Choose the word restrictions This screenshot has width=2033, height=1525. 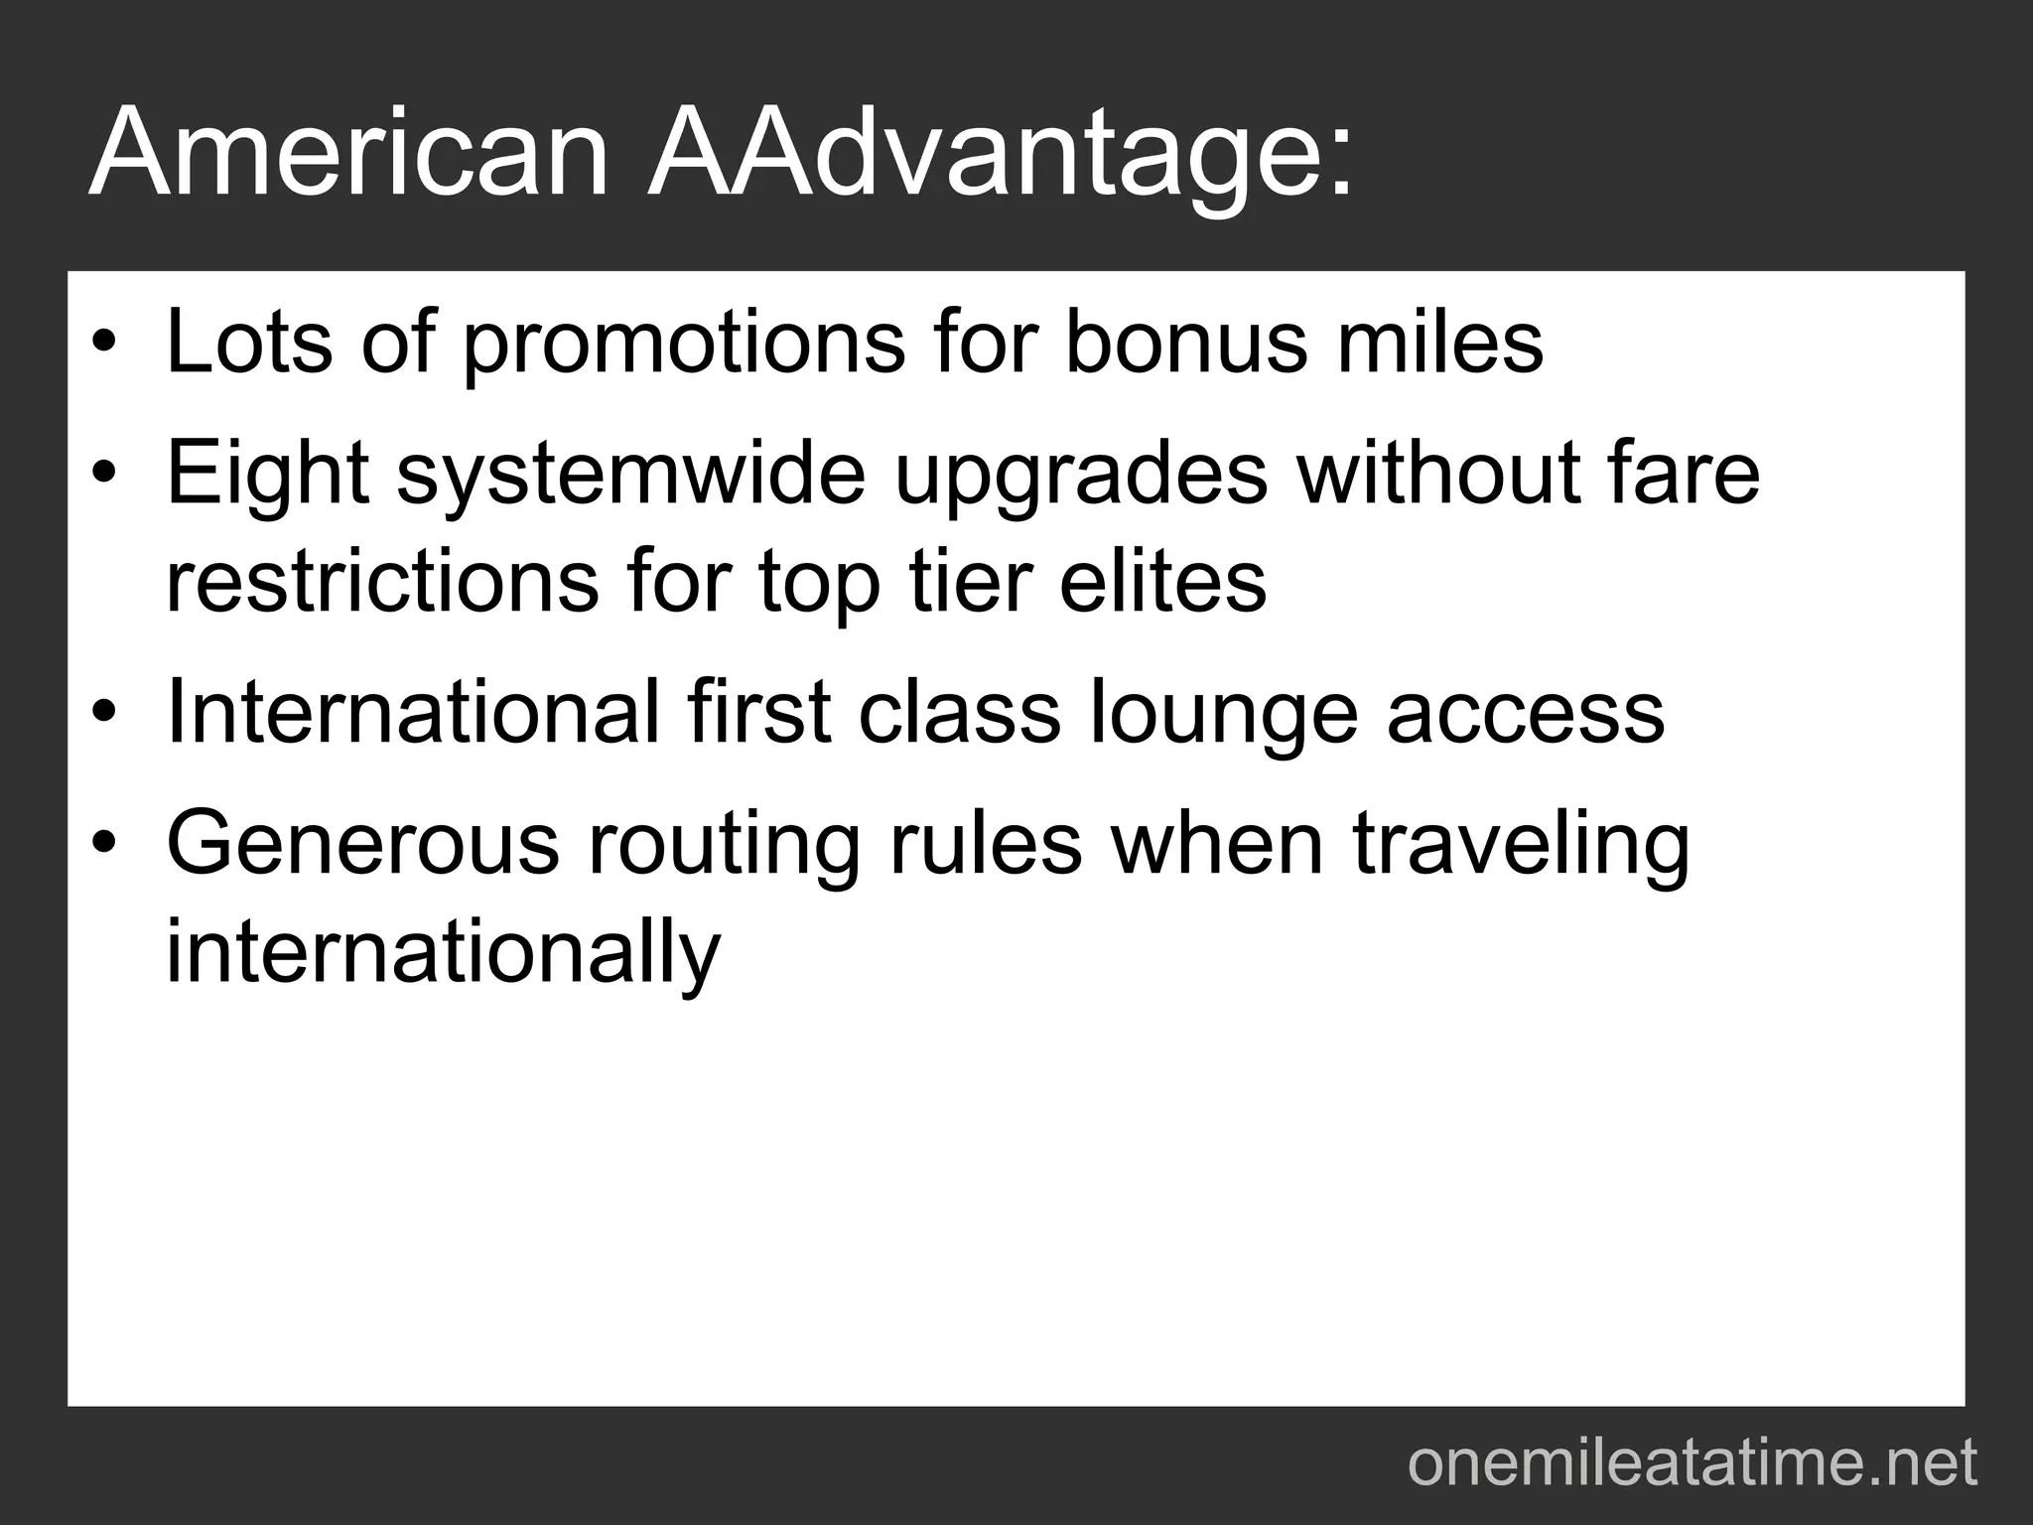click(x=382, y=583)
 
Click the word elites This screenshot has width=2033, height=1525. click(x=1162, y=583)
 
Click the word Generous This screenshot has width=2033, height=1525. click(x=362, y=845)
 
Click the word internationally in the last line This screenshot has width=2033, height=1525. click(x=442, y=954)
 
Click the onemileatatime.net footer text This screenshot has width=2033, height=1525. click(x=1692, y=1463)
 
